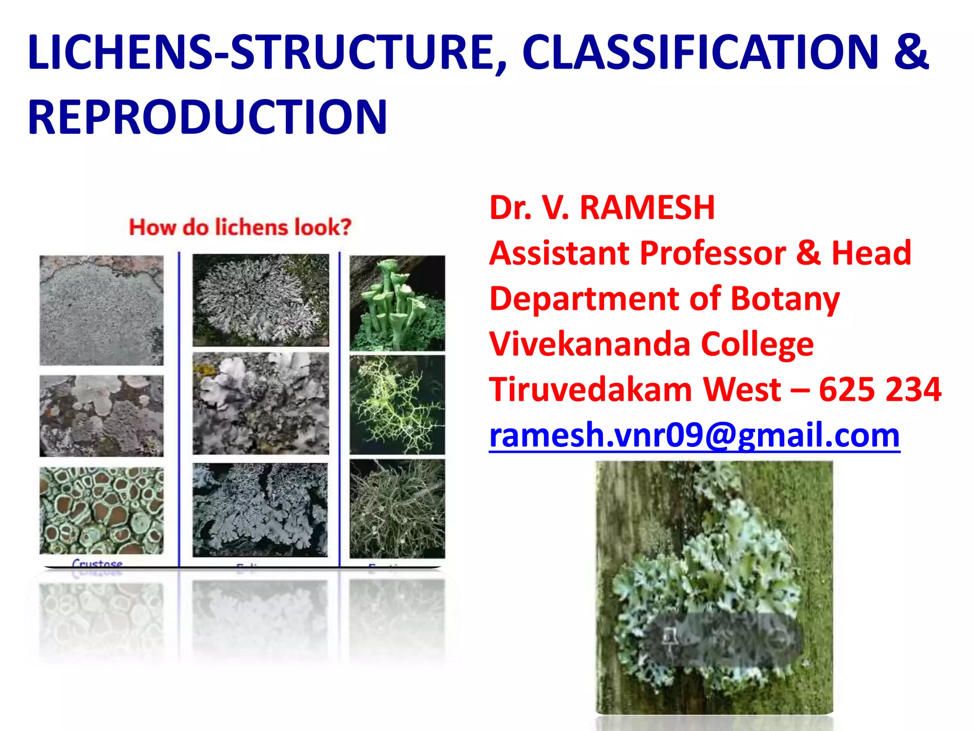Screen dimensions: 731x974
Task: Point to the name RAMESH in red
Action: pyautogui.click(x=647, y=208)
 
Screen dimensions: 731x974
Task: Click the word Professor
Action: pyautogui.click(x=713, y=253)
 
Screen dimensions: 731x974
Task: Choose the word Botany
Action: pyautogui.click(x=785, y=299)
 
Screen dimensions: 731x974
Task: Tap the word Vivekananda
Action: pyautogui.click(x=590, y=344)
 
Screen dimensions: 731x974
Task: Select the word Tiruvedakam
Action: pyautogui.click(x=590, y=390)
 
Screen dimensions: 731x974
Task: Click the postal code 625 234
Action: pyautogui.click(x=880, y=390)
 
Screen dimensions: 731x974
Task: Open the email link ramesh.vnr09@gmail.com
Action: pyautogui.click(x=694, y=435)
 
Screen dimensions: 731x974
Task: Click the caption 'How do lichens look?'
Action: pyautogui.click(x=240, y=227)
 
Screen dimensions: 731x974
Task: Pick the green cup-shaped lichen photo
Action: pyautogui.click(x=397, y=303)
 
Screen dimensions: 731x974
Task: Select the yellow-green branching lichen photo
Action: pyautogui.click(x=397, y=405)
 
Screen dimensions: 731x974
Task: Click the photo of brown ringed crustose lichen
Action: pyautogui.click(x=101, y=510)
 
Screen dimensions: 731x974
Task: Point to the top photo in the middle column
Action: pyautogui.click(x=261, y=300)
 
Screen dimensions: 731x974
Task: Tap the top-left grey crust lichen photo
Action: pyautogui.click(x=101, y=310)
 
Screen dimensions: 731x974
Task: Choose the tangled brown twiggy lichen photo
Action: pyautogui.click(x=397, y=508)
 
